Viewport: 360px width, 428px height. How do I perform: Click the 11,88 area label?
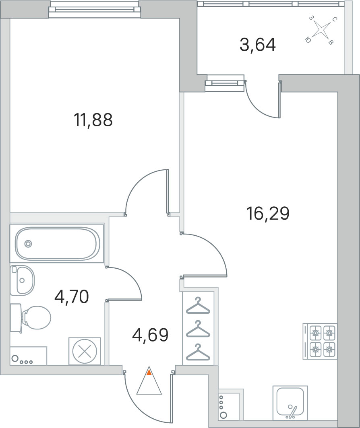[x=93, y=120]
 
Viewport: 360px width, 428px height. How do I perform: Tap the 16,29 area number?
[x=268, y=214]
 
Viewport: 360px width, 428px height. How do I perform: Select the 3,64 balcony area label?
[x=258, y=45]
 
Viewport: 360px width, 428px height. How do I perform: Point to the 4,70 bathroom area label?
[x=72, y=297]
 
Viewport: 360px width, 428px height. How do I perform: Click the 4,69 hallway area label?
[x=150, y=335]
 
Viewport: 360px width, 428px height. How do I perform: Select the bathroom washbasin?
[x=22, y=280]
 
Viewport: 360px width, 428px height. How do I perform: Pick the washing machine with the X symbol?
[x=85, y=351]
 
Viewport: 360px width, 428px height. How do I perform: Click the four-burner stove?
[x=320, y=341]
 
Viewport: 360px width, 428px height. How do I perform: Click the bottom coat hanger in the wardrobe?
[x=198, y=353]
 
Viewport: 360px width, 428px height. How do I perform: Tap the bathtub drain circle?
[x=28, y=244]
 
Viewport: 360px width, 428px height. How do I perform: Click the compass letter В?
[x=330, y=42]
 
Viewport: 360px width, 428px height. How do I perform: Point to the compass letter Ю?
[x=308, y=40]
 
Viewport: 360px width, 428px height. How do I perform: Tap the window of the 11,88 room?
[x=95, y=10]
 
